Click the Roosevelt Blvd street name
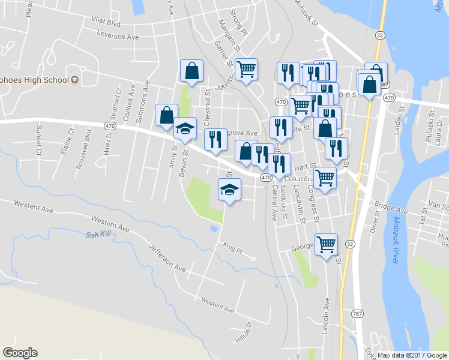88,141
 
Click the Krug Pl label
231,248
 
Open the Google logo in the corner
20,353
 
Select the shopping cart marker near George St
326,244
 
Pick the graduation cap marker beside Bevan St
185,128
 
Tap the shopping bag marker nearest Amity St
166,115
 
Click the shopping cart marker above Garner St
246,70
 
